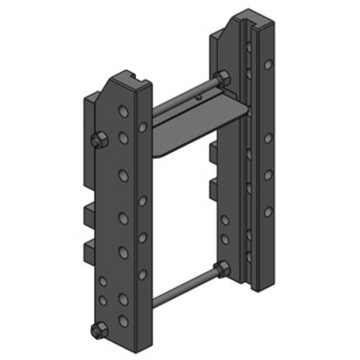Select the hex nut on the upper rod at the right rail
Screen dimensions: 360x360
222,79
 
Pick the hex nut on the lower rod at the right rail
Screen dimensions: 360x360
222,269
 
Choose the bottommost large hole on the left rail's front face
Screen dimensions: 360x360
123,320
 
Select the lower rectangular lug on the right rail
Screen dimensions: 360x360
213,189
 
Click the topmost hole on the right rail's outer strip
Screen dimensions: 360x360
268,65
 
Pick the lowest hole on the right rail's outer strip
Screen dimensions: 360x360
268,211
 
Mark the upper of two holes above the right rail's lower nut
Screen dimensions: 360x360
225,220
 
